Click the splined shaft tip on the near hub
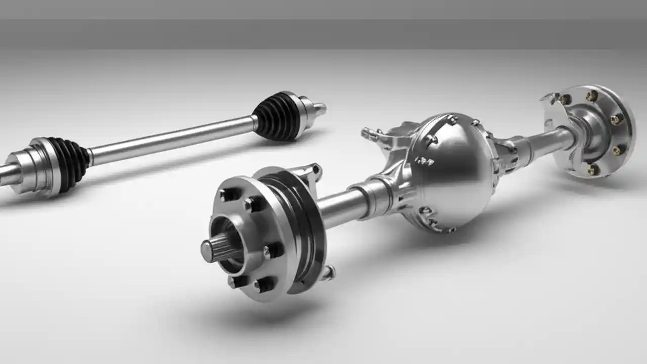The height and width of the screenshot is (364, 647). [209, 250]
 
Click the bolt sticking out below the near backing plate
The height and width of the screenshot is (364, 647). [329, 273]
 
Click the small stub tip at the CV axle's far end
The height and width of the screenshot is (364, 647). [320, 107]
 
